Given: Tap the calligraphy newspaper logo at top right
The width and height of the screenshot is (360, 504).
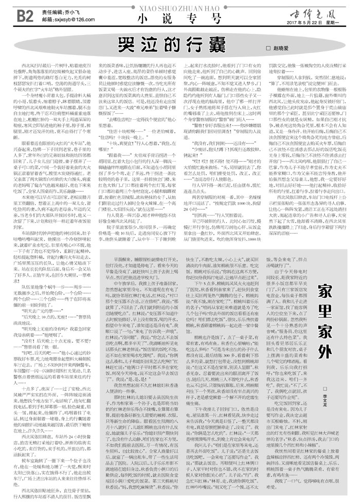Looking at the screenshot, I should (320, 10).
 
